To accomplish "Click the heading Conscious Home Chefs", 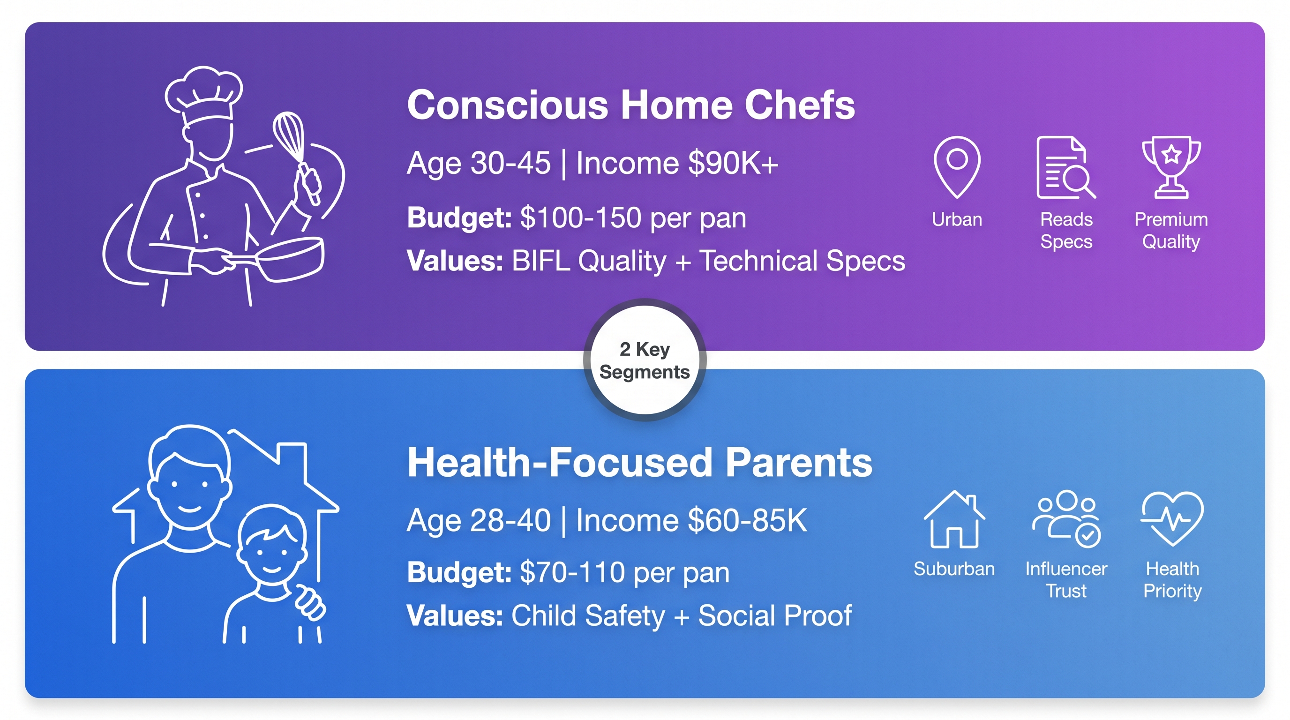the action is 631,105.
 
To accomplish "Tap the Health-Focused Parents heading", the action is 639,462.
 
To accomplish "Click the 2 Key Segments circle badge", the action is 645,360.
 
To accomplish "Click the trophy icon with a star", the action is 1171,167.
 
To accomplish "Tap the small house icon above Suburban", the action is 954,519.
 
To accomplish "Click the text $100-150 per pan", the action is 633,218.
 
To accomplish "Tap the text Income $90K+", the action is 677,163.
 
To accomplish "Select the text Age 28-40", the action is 479,521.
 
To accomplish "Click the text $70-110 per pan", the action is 624,572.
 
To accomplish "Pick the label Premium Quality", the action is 1171,230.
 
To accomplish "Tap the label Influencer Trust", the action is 1066,580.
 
